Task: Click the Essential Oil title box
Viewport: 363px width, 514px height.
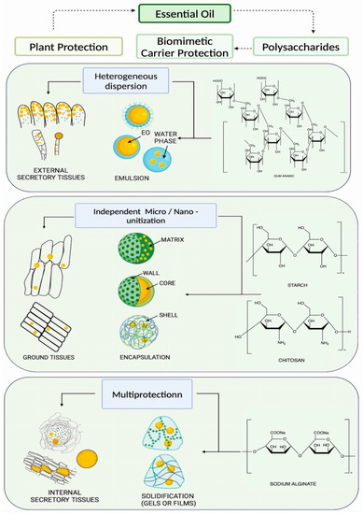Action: pyautogui.click(x=182, y=13)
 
